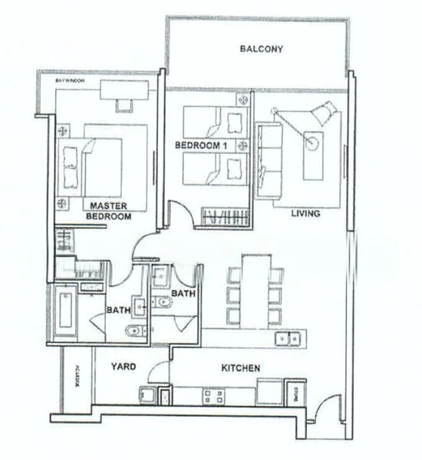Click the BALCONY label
[x=261, y=49]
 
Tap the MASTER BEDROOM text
[x=108, y=212]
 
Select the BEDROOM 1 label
[x=192, y=146]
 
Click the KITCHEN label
[x=240, y=369]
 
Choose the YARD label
[x=124, y=367]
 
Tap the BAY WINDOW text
[x=69, y=80]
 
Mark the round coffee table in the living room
[x=313, y=142]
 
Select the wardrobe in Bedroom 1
[x=224, y=216]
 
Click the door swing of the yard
[x=160, y=373]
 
